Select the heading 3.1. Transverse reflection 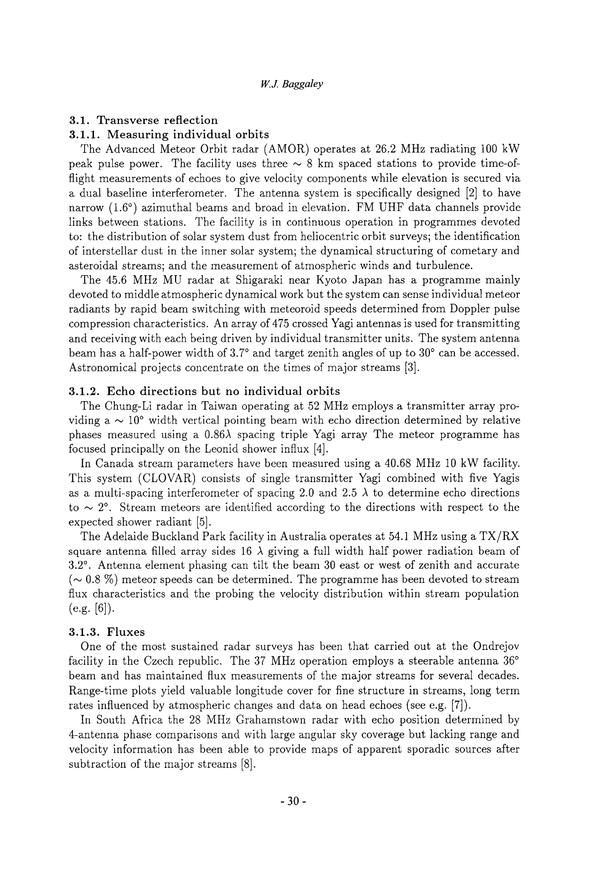click(x=143, y=120)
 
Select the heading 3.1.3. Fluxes click(x=107, y=632)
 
